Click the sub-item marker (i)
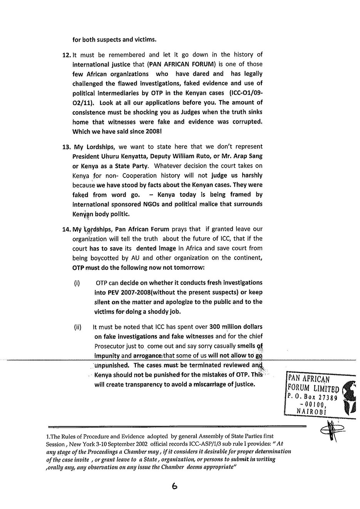click(x=77, y=283)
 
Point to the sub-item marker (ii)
click(x=78, y=327)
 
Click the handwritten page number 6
click(x=175, y=486)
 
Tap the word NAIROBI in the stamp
click(x=311, y=411)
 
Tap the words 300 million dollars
click(x=236, y=327)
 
